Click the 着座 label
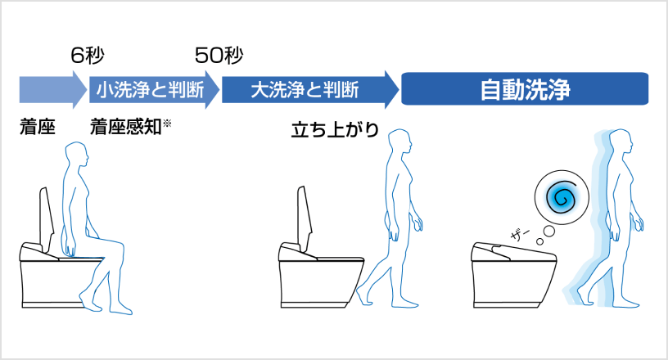pyautogui.click(x=37, y=128)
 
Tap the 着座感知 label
pyautogui.click(x=125, y=128)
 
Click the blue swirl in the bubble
pyautogui.click(x=561, y=197)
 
